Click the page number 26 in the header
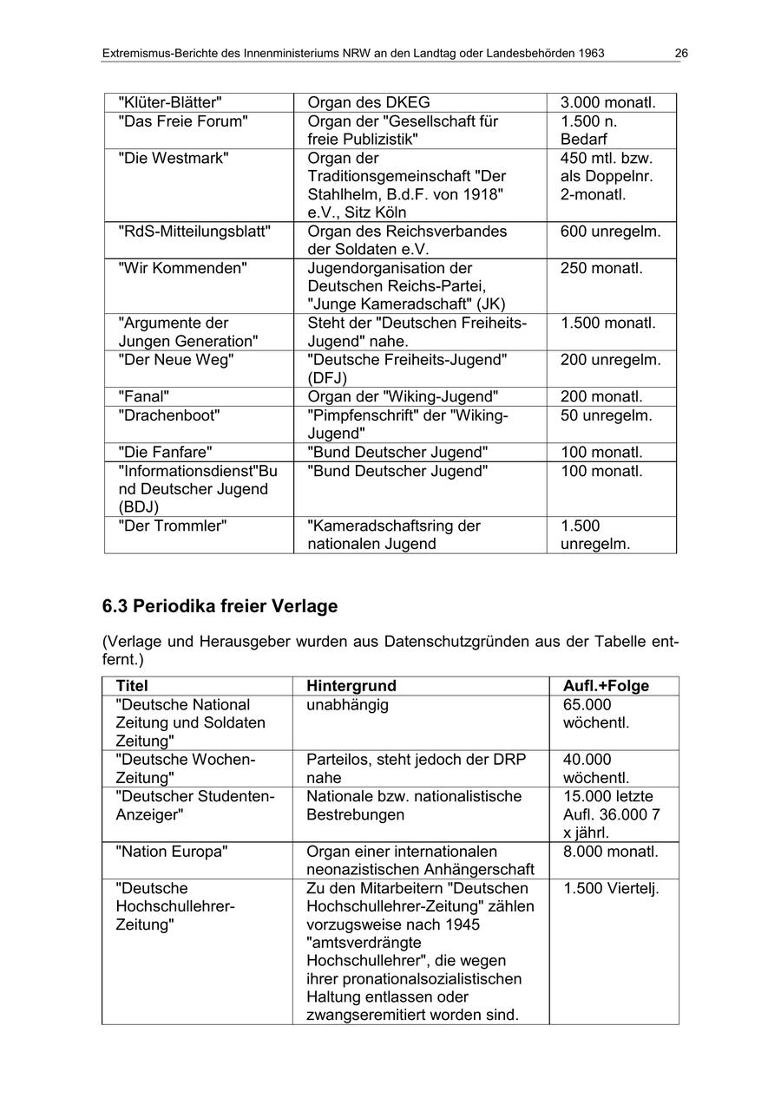(681, 54)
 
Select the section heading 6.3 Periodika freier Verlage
(220, 606)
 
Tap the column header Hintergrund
(351, 686)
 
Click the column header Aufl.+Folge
(606, 686)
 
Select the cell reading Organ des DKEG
(369, 103)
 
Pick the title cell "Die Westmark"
(174, 159)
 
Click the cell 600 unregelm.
(610, 232)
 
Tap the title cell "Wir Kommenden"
(182, 269)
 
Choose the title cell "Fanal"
(143, 396)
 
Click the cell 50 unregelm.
(606, 415)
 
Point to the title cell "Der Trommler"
(172, 526)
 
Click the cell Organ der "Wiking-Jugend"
(403, 396)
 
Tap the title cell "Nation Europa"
(172, 852)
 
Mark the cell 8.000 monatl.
(610, 852)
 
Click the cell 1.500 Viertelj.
(610, 888)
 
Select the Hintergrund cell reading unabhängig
(347, 705)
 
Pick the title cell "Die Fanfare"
(165, 452)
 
